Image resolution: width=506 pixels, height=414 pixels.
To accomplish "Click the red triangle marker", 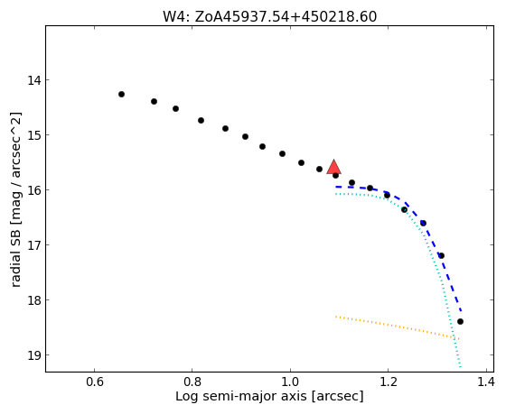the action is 334,167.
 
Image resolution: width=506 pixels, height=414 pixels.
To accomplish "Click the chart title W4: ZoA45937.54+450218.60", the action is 269,17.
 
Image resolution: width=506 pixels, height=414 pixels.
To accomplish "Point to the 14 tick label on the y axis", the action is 34,80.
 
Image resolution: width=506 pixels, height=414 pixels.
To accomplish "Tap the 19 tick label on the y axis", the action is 34,355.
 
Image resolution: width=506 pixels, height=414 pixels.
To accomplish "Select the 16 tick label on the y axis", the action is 34,190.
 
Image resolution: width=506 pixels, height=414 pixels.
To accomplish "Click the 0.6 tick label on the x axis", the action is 94,382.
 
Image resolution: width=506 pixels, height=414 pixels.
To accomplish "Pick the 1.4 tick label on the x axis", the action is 485,382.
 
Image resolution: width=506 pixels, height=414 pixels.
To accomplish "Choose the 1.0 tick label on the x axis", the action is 290,382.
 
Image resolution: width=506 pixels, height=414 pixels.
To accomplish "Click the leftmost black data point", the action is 121,95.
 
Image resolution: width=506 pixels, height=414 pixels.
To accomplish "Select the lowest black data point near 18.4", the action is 460,321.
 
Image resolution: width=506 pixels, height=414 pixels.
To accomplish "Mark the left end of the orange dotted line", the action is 336,317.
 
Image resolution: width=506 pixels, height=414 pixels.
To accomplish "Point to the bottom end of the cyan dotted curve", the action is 460,366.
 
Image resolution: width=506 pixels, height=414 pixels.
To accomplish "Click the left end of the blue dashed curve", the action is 336,187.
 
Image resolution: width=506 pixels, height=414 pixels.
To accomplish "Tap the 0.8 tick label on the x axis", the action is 192,382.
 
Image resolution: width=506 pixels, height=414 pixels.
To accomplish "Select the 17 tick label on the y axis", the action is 34,245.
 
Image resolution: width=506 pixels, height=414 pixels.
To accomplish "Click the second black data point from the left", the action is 154,102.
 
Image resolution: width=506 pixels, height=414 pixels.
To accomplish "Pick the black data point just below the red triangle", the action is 335,175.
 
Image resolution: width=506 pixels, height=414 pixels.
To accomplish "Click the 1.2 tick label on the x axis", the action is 388,382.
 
